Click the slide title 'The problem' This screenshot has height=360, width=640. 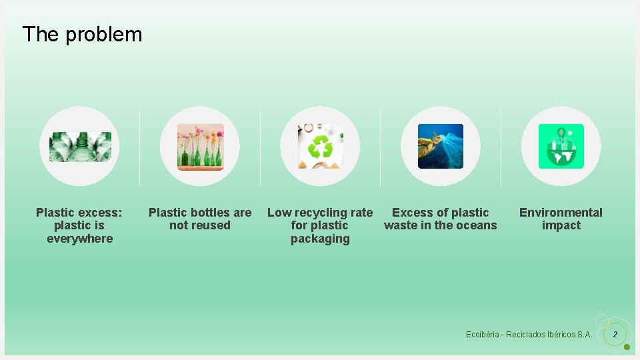click(x=82, y=34)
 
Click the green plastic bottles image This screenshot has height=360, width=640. click(x=80, y=146)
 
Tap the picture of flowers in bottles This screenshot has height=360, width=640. click(x=200, y=146)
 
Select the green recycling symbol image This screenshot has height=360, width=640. click(x=320, y=146)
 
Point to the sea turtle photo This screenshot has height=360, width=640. click(x=441, y=146)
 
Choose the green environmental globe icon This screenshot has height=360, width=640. click(x=561, y=146)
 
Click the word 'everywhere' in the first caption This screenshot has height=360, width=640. click(x=80, y=239)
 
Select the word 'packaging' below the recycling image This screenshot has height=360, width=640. click(x=320, y=239)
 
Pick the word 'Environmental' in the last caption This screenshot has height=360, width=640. click(x=561, y=213)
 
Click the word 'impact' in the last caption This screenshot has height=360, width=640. click(x=561, y=225)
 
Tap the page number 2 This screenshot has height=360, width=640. click(x=615, y=334)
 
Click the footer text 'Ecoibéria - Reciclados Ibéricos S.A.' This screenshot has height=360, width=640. click(x=529, y=334)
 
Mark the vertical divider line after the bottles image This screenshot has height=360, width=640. click(x=139, y=146)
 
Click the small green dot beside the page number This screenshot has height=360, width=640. click(x=627, y=347)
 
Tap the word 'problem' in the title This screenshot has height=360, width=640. click(x=103, y=34)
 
